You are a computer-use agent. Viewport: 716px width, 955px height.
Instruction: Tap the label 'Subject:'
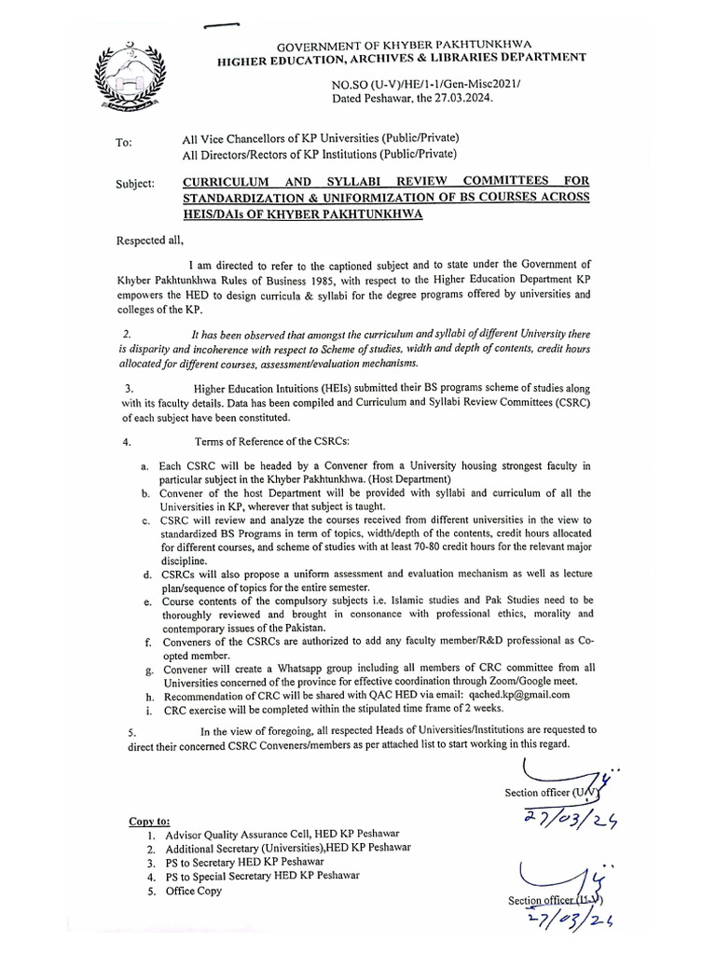pyautogui.click(x=135, y=184)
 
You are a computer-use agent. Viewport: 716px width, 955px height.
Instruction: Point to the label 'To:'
pyautogui.click(x=123, y=143)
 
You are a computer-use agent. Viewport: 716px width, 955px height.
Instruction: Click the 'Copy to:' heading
pyautogui.click(x=149, y=822)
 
